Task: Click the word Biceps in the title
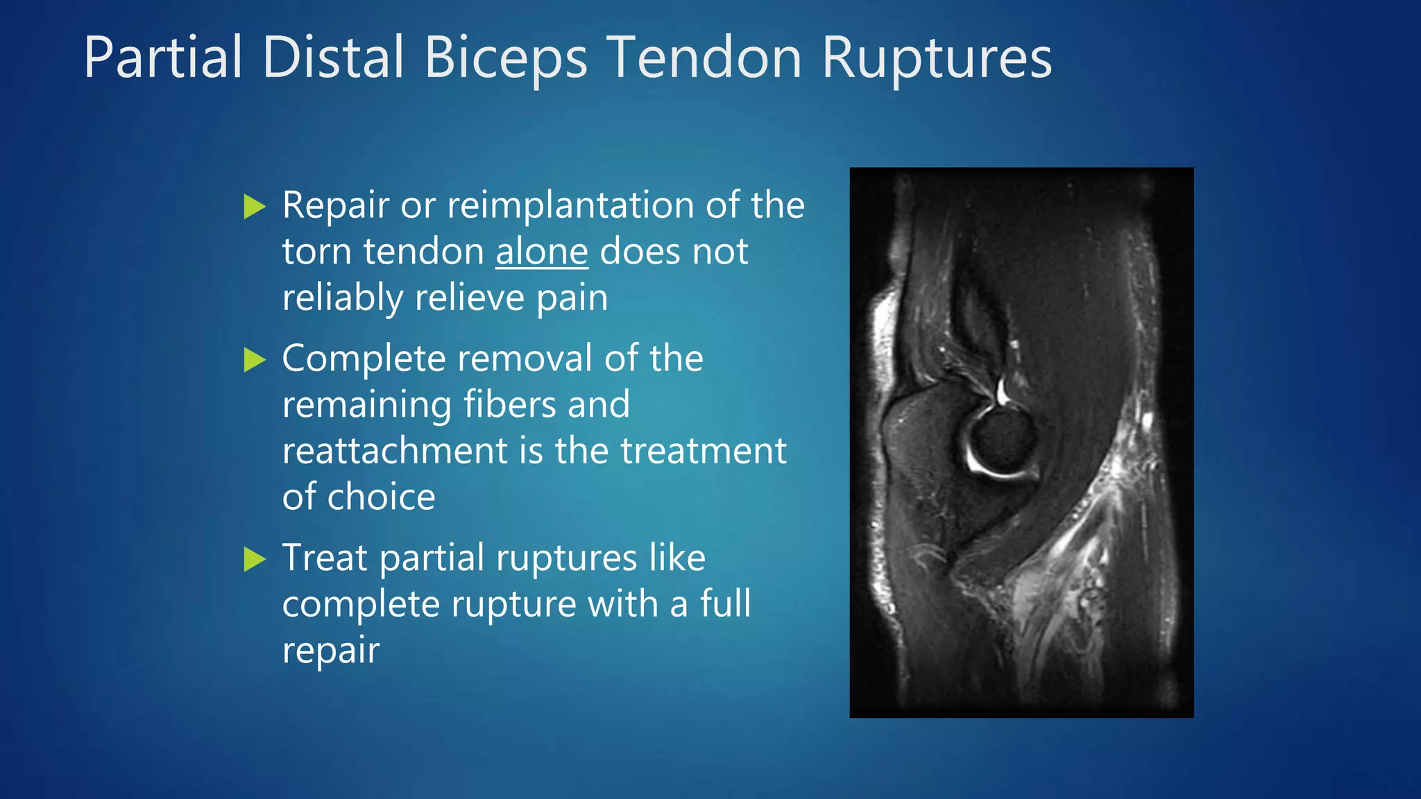pos(506,58)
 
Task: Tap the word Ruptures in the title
pos(937,58)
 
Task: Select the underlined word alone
pos(541,251)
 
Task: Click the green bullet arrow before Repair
pos(255,207)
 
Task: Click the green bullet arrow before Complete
pos(255,360)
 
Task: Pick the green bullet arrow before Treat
pos(255,559)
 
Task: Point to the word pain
pos(572,298)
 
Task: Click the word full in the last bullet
pos(725,603)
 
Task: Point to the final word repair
pos(330,651)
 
